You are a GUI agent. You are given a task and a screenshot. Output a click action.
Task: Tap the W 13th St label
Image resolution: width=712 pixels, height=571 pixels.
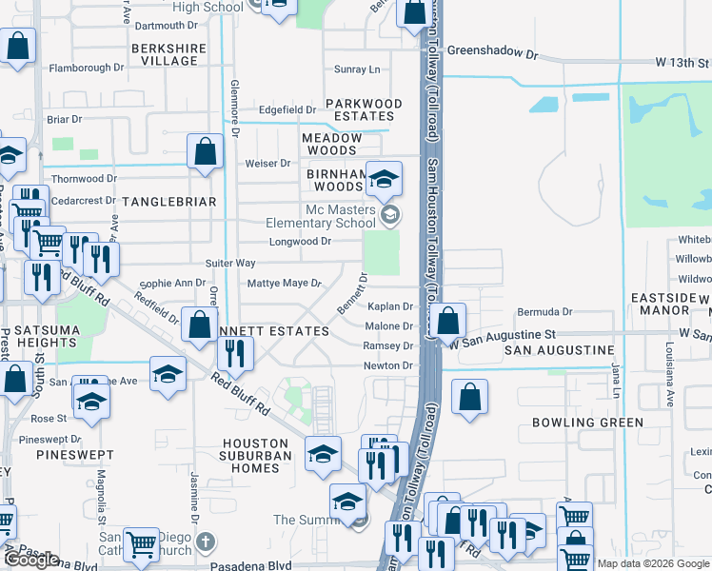tap(682, 62)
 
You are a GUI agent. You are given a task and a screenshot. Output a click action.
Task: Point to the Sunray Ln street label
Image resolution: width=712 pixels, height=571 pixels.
tap(357, 69)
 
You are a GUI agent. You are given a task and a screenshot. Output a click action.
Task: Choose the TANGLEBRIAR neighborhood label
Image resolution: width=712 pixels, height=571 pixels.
tap(169, 202)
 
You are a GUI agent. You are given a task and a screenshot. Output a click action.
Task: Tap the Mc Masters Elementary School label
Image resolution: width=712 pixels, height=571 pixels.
tap(340, 217)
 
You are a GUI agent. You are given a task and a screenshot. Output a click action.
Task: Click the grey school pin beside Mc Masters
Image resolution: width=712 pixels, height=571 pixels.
tap(388, 215)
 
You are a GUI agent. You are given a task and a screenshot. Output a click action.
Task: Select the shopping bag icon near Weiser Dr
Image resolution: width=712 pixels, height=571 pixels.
tap(206, 152)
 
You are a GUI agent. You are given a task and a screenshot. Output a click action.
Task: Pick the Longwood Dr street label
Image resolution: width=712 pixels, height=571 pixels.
tap(300, 242)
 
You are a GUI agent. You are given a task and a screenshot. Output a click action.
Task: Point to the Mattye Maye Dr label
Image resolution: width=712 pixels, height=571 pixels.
tap(285, 284)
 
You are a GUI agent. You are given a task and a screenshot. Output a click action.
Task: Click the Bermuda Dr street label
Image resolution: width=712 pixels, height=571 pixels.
tap(544, 312)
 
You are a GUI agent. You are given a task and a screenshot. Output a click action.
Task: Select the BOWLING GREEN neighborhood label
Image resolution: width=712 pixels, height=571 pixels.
tap(587, 422)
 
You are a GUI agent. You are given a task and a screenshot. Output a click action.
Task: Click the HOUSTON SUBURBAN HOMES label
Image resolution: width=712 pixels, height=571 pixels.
tap(256, 456)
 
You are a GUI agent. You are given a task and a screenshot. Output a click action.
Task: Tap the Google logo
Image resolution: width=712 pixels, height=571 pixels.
tap(31, 561)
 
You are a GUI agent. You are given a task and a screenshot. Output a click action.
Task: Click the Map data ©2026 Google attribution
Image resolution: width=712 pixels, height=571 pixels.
tap(653, 563)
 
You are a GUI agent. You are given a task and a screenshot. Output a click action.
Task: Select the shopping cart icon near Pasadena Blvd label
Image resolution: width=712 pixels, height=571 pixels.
tap(141, 545)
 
